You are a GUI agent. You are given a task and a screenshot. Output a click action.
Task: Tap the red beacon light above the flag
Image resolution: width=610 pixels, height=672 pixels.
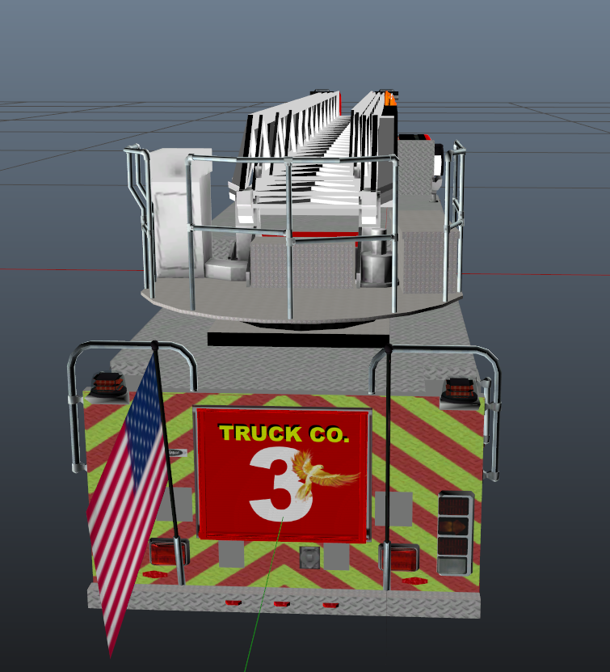[x=109, y=382]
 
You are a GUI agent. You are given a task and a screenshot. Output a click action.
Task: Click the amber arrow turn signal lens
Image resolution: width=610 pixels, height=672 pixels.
[x=454, y=526]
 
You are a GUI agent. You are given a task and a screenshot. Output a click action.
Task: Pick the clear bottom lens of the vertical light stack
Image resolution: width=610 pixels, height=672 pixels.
[x=453, y=565]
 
